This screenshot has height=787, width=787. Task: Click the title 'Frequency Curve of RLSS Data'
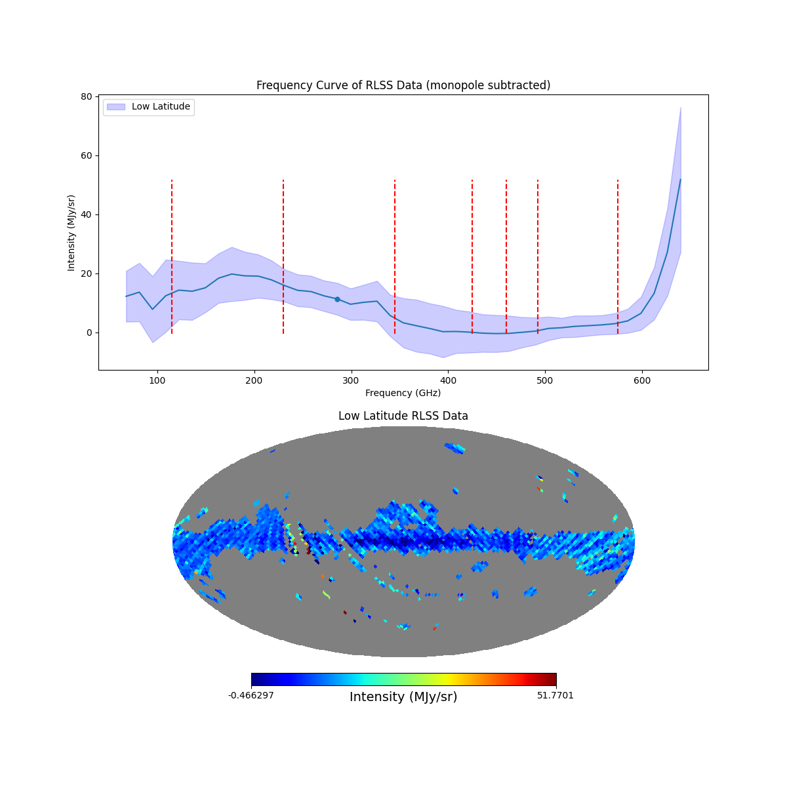click(403, 85)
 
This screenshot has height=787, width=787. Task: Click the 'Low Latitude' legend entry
click(161, 107)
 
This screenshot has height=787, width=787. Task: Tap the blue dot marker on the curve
click(337, 299)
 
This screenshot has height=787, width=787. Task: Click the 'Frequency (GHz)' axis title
click(403, 393)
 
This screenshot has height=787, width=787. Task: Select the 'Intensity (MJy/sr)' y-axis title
click(71, 233)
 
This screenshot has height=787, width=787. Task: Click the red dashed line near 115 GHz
click(172, 256)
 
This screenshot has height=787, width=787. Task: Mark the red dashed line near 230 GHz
click(283, 256)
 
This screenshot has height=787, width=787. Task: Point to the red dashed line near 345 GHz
click(395, 256)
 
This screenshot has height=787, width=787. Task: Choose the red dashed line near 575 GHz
click(618, 256)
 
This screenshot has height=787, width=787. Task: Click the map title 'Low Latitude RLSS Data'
click(403, 416)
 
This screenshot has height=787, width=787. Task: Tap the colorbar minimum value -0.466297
click(251, 695)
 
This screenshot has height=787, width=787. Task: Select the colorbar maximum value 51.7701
click(555, 695)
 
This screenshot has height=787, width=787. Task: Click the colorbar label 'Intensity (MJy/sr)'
click(403, 697)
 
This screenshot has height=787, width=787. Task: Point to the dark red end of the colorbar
click(552, 679)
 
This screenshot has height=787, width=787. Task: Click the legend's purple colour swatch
click(115, 107)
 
